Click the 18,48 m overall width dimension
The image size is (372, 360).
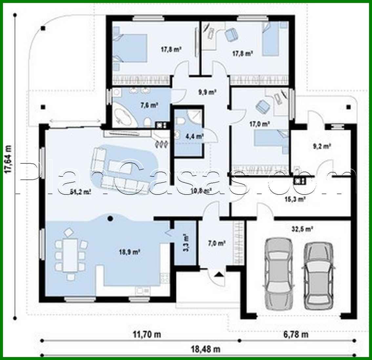pyautogui.click(x=205, y=349)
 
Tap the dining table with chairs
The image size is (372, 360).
pyautogui.click(x=70, y=255)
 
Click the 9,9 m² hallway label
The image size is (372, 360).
pyautogui.click(x=207, y=92)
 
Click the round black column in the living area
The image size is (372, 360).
pyautogui.click(x=111, y=218)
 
